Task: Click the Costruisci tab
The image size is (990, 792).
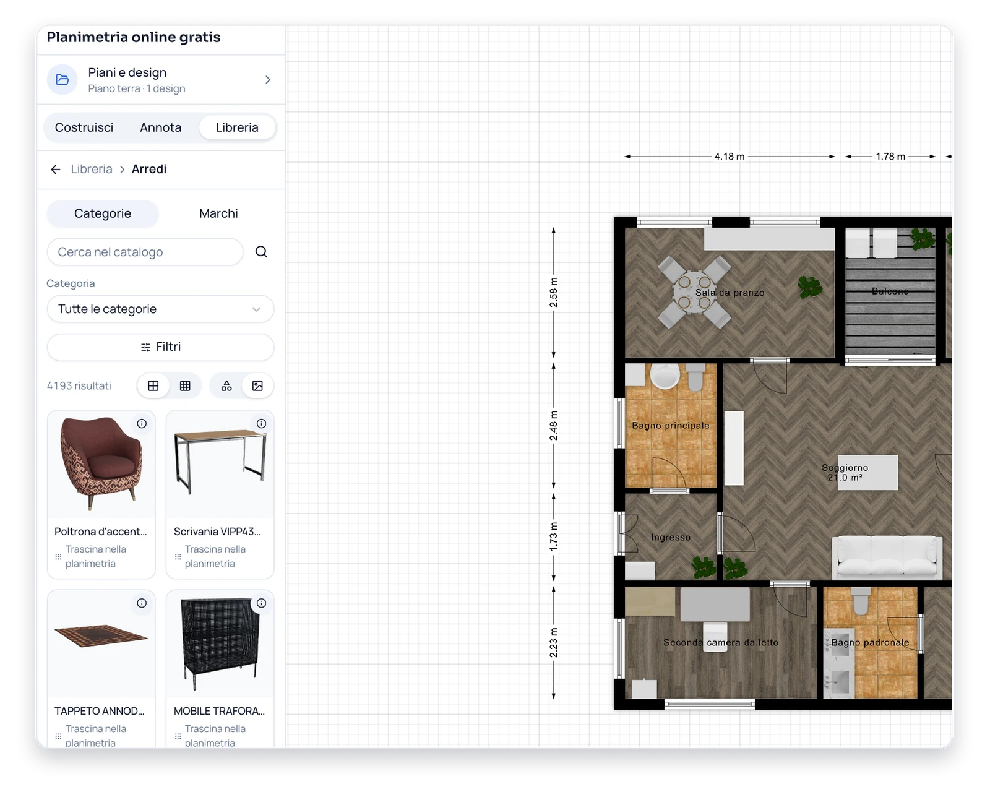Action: pyautogui.click(x=84, y=127)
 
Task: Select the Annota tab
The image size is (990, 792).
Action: pyautogui.click(x=160, y=127)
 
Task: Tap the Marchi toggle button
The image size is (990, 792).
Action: pyautogui.click(x=218, y=213)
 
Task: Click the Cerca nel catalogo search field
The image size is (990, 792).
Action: pyautogui.click(x=145, y=252)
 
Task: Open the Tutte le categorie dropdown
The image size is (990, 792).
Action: pyautogui.click(x=160, y=309)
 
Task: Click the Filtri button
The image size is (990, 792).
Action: pyautogui.click(x=160, y=347)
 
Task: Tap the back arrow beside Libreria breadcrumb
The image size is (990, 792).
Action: pyautogui.click(x=56, y=170)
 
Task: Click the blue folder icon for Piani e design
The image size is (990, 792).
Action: pyautogui.click(x=62, y=80)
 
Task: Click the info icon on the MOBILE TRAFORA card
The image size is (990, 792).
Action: pyautogui.click(x=261, y=603)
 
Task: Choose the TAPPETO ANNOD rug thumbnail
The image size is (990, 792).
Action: pyautogui.click(x=101, y=635)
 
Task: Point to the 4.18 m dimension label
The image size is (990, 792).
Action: pyautogui.click(x=729, y=157)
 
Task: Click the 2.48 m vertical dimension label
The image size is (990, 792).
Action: pyautogui.click(x=553, y=426)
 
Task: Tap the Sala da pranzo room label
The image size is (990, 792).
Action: pyautogui.click(x=730, y=293)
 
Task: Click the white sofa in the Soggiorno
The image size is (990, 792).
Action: pyautogui.click(x=887, y=556)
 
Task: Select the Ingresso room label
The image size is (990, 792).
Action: pyautogui.click(x=671, y=538)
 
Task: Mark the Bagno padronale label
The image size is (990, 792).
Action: pyautogui.click(x=870, y=642)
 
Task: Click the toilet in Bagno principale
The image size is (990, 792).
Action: pyautogui.click(x=695, y=377)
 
